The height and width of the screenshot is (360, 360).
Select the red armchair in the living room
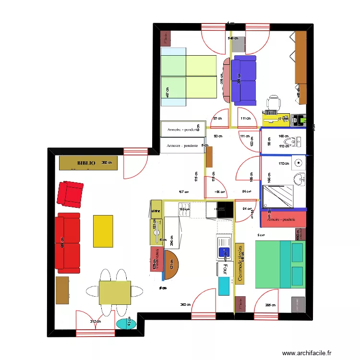point(70,193)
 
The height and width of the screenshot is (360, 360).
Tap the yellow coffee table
point(103,231)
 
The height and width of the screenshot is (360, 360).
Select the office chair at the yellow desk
point(274,103)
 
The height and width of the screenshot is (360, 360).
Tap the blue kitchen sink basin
point(223,251)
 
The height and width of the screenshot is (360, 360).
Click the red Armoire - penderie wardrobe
point(283,219)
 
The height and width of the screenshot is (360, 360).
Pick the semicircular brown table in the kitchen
point(171,265)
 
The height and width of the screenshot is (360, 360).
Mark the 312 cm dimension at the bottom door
point(95,322)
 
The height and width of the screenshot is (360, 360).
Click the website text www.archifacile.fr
point(307,353)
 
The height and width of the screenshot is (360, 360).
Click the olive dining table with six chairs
point(115,292)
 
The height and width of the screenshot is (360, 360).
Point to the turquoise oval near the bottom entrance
point(127,324)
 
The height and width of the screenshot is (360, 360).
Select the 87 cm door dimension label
point(217,119)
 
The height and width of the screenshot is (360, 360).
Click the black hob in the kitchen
point(224,210)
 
